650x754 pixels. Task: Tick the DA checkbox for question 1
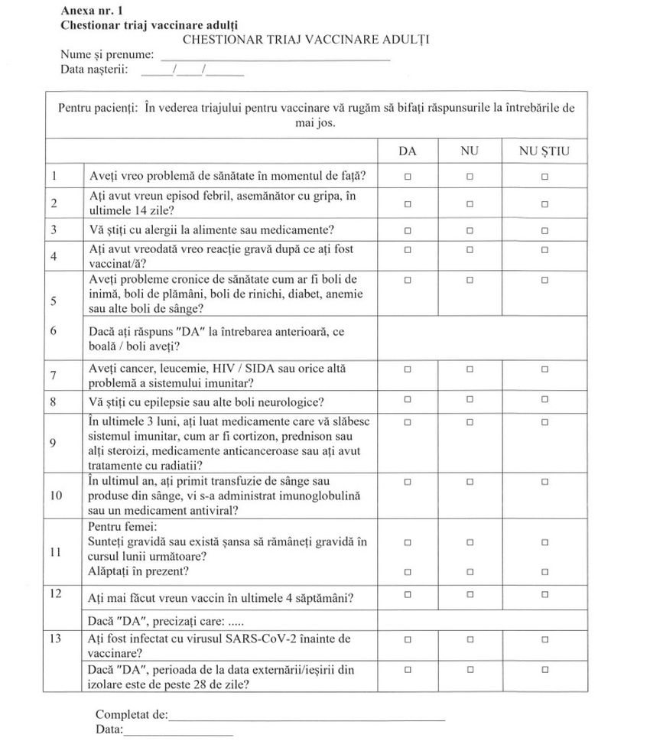[408, 177]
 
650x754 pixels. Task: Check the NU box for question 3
[470, 230]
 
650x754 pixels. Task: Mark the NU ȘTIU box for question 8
[544, 399]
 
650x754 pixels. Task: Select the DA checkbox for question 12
[408, 593]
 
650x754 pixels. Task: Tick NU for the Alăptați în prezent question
[470, 571]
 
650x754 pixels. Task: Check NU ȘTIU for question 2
[544, 204]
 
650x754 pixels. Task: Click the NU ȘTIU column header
[544, 151]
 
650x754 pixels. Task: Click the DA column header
[408, 151]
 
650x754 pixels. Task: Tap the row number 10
[56, 495]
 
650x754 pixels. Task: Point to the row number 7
[54, 375]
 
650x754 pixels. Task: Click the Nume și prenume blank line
[275, 58]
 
